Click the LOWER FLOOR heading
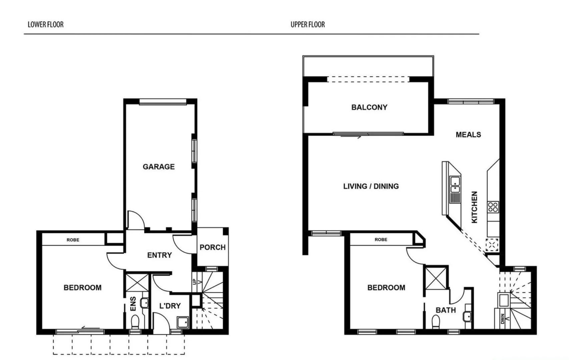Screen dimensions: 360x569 pos(45,24)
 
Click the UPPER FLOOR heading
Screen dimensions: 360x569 pos(308,24)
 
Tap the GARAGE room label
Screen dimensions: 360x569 pos(159,167)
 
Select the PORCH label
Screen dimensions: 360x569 pos(212,247)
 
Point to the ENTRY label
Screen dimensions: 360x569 pos(159,255)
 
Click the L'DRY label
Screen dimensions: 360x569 pos(170,306)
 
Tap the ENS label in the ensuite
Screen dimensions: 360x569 pos(133,304)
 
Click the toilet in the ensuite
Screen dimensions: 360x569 pos(135,322)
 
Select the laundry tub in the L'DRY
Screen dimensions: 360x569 pos(183,322)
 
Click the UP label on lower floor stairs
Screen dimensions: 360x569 pos(195,282)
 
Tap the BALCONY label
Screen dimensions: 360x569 pos(369,107)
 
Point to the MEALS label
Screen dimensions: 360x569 pos(468,135)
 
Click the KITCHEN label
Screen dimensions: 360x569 pos(474,207)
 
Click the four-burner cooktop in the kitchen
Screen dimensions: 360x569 pos(493,207)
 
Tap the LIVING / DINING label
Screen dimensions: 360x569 pos(371,186)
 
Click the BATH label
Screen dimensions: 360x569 pos(446,310)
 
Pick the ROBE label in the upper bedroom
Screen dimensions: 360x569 pos(381,239)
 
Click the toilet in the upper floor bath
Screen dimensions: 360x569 pos(436,322)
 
